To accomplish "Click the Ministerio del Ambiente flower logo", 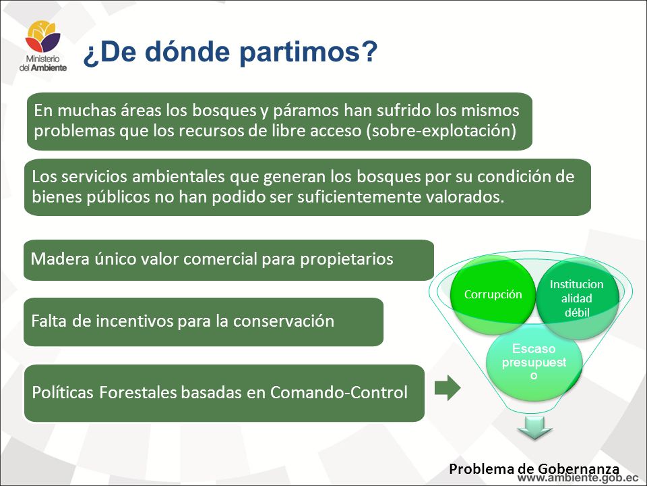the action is pyautogui.click(x=43, y=36).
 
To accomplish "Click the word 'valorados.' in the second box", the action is pyautogui.click(x=465, y=196).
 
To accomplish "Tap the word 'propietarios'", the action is pyautogui.click(x=346, y=259).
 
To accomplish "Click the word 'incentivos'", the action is pyautogui.click(x=135, y=321).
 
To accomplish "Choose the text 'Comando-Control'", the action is pyautogui.click(x=339, y=392).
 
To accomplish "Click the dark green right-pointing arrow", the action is pyautogui.click(x=448, y=388).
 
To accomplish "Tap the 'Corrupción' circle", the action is pyautogui.click(x=493, y=294).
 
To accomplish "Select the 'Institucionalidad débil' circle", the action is pyautogui.click(x=577, y=298).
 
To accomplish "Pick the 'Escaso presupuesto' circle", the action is pyautogui.click(x=534, y=362).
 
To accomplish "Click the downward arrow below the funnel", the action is pyautogui.click(x=534, y=428).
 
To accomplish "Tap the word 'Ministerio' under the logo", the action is pyautogui.click(x=43, y=59).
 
